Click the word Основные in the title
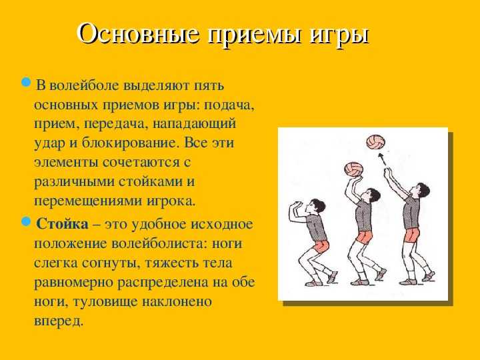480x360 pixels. coord(139,33)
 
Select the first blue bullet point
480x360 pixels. coord(26,82)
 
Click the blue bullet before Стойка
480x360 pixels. coord(26,221)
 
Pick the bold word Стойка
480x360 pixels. coord(62,224)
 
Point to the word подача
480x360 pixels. coord(229,105)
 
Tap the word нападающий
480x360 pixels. coord(194,125)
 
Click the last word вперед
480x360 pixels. coord(59,321)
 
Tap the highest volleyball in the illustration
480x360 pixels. coord(375,142)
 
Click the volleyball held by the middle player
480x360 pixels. coord(353,169)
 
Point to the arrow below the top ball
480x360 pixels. coord(382,159)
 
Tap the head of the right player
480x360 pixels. coord(421,190)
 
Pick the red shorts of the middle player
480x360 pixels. coord(365,237)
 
